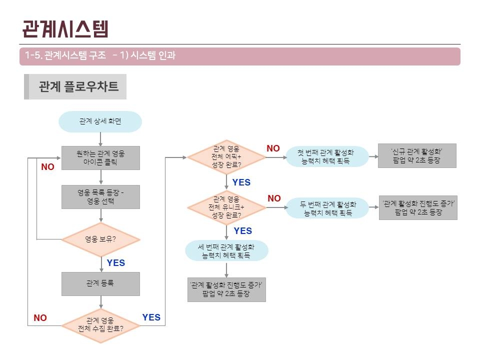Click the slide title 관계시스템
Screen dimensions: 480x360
click(x=65, y=29)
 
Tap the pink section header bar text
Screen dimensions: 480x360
click(x=100, y=55)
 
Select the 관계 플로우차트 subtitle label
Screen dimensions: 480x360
click(x=78, y=86)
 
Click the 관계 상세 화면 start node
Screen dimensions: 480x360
click(x=100, y=121)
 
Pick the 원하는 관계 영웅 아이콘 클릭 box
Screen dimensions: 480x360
click(x=100, y=158)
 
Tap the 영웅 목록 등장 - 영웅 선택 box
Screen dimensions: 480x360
click(x=100, y=197)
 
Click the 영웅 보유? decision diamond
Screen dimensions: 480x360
click(x=100, y=239)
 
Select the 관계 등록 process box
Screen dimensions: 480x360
click(x=100, y=284)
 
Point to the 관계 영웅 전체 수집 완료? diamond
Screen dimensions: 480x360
click(x=100, y=325)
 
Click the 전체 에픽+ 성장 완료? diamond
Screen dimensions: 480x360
click(x=226, y=157)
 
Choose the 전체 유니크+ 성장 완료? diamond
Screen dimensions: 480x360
click(x=226, y=207)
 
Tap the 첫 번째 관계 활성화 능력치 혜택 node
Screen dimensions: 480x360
click(x=327, y=156)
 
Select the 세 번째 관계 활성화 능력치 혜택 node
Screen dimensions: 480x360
click(x=226, y=250)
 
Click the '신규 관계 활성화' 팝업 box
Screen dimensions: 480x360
click(x=417, y=156)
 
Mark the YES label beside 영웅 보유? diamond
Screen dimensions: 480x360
click(x=115, y=263)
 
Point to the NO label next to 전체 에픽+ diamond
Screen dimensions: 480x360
click(x=273, y=148)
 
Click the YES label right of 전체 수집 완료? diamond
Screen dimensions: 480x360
click(x=151, y=317)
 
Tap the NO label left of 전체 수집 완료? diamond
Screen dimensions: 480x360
click(x=40, y=318)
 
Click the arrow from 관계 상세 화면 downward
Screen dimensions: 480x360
click(x=100, y=139)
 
